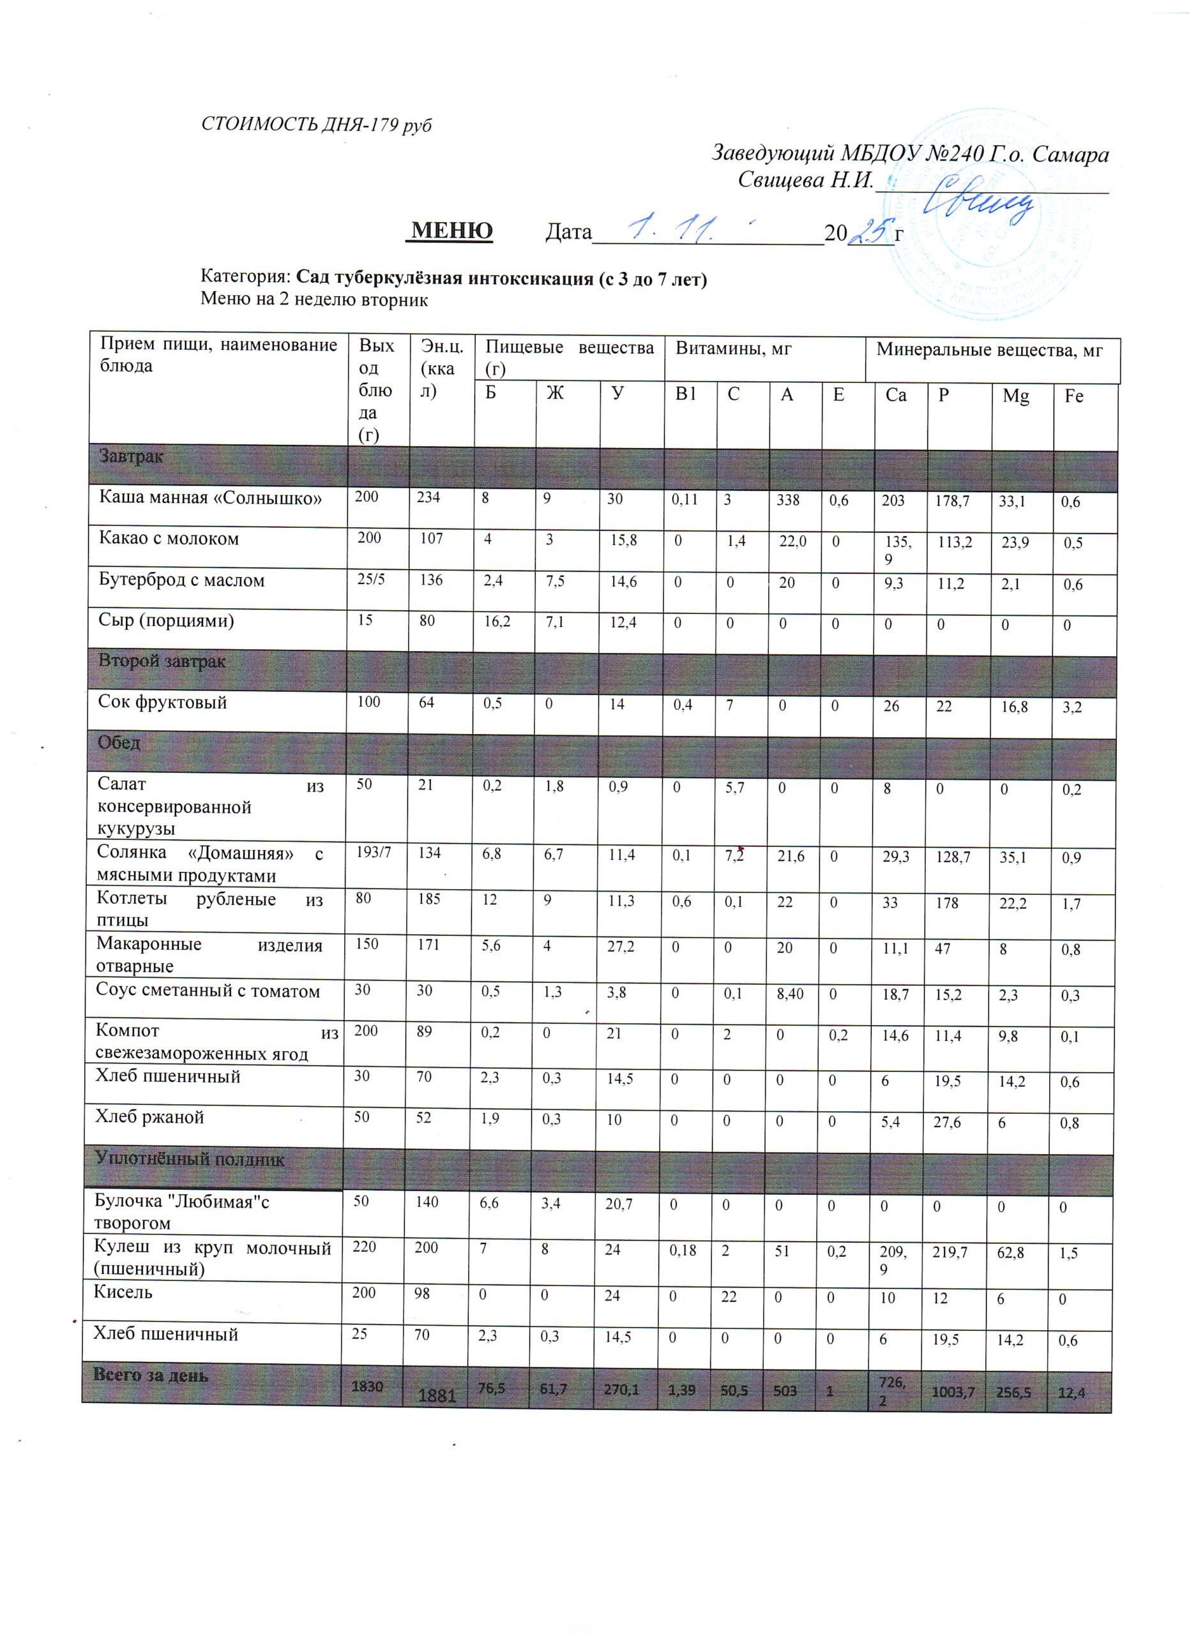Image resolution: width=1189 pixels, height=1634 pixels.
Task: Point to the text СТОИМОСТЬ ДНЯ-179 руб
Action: (x=316, y=124)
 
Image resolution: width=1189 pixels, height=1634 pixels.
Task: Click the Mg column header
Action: (x=1015, y=396)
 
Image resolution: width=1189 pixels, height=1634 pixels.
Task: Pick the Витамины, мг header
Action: (x=734, y=349)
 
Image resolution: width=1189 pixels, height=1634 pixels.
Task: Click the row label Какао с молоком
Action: (x=169, y=539)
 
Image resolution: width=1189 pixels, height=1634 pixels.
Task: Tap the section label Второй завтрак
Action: (x=162, y=661)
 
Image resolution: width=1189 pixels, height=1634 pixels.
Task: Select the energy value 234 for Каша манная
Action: (x=428, y=497)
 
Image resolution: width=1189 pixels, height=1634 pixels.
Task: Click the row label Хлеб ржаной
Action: (x=150, y=1118)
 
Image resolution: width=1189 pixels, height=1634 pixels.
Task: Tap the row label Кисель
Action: (x=123, y=1292)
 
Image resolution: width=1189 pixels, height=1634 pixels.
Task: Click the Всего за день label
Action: (x=151, y=1375)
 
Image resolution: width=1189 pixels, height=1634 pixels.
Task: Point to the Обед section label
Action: (x=119, y=743)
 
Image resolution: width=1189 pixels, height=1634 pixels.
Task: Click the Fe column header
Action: (x=1073, y=396)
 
